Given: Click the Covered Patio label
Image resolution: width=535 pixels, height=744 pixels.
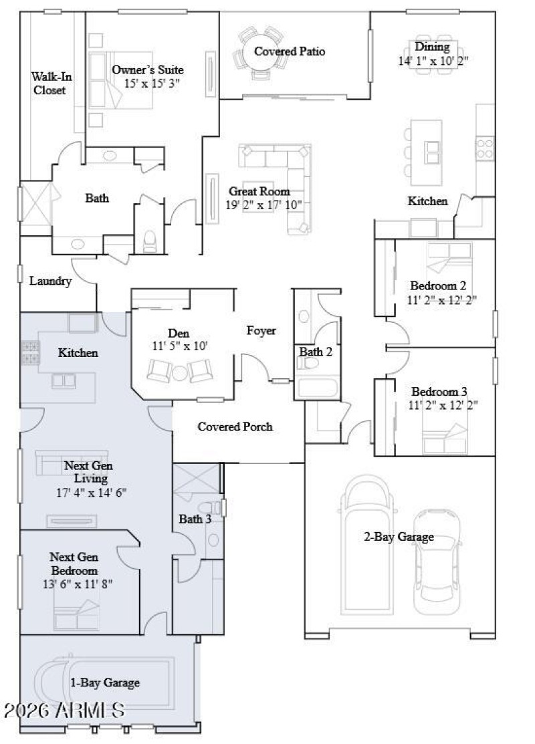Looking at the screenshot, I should tap(290, 51).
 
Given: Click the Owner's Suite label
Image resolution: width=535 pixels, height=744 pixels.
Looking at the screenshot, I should tap(147, 70).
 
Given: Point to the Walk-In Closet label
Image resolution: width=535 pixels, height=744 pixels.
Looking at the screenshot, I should tap(51, 83).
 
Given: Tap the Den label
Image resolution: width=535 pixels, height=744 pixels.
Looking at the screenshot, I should tap(179, 334).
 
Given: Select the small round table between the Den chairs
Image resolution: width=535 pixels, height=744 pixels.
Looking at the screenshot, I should tap(179, 372).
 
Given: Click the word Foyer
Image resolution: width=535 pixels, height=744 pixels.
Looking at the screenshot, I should tap(261, 331).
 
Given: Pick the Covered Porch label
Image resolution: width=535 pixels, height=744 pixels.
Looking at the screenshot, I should tap(235, 426).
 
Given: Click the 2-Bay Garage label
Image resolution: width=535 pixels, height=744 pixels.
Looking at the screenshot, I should tap(399, 537).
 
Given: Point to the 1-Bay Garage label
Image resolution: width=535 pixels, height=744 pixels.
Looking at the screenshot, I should tap(105, 683).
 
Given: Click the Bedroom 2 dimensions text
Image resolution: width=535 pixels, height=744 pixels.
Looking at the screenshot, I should tap(443, 299).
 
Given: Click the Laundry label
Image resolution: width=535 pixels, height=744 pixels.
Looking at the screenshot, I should tap(50, 281).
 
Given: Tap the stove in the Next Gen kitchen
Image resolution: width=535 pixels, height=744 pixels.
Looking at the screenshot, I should tap(30, 352).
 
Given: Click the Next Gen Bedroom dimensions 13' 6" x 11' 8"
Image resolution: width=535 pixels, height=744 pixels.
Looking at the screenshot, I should tap(77, 584).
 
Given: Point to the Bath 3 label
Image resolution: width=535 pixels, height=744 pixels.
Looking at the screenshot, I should tap(195, 519).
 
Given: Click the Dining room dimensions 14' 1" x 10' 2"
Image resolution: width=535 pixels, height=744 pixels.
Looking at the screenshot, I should tap(433, 59).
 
